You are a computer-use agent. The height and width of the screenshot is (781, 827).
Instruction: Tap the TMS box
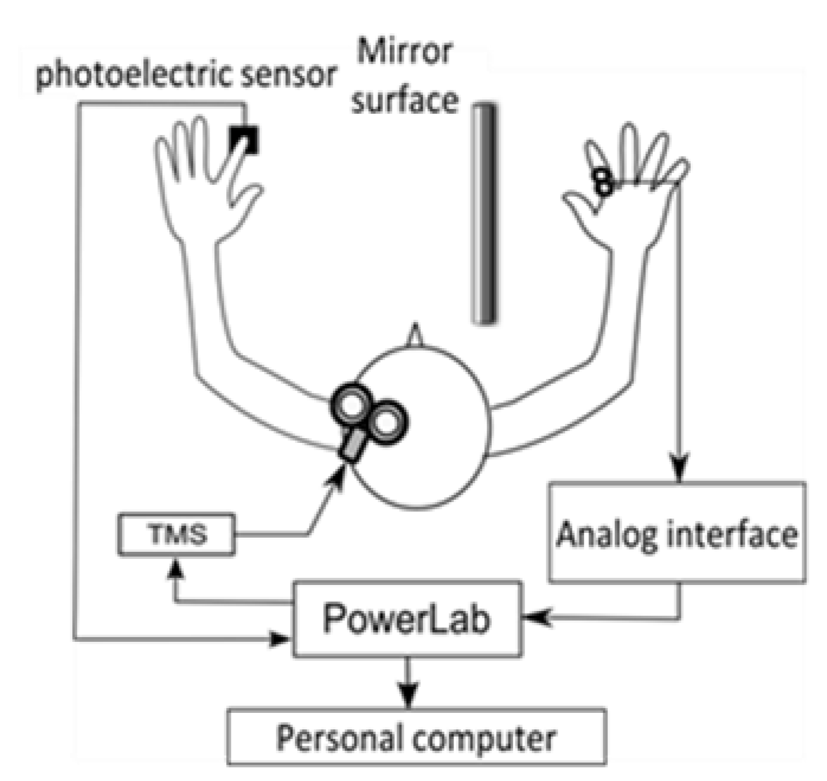(176, 534)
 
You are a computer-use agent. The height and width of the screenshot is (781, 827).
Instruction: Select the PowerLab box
(407, 619)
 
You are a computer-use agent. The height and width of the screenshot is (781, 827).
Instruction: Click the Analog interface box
(677, 533)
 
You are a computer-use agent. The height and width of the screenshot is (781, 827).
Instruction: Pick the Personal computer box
(416, 737)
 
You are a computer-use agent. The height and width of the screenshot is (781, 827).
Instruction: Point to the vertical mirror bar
(484, 213)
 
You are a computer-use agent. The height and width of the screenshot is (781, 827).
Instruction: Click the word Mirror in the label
(405, 52)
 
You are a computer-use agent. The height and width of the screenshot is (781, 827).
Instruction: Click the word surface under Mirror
(405, 101)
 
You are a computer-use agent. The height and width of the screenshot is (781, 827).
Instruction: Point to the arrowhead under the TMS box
(175, 570)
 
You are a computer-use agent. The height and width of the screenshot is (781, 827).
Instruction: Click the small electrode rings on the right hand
(603, 182)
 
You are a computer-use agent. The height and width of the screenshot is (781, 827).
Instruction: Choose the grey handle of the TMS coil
(353, 445)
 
